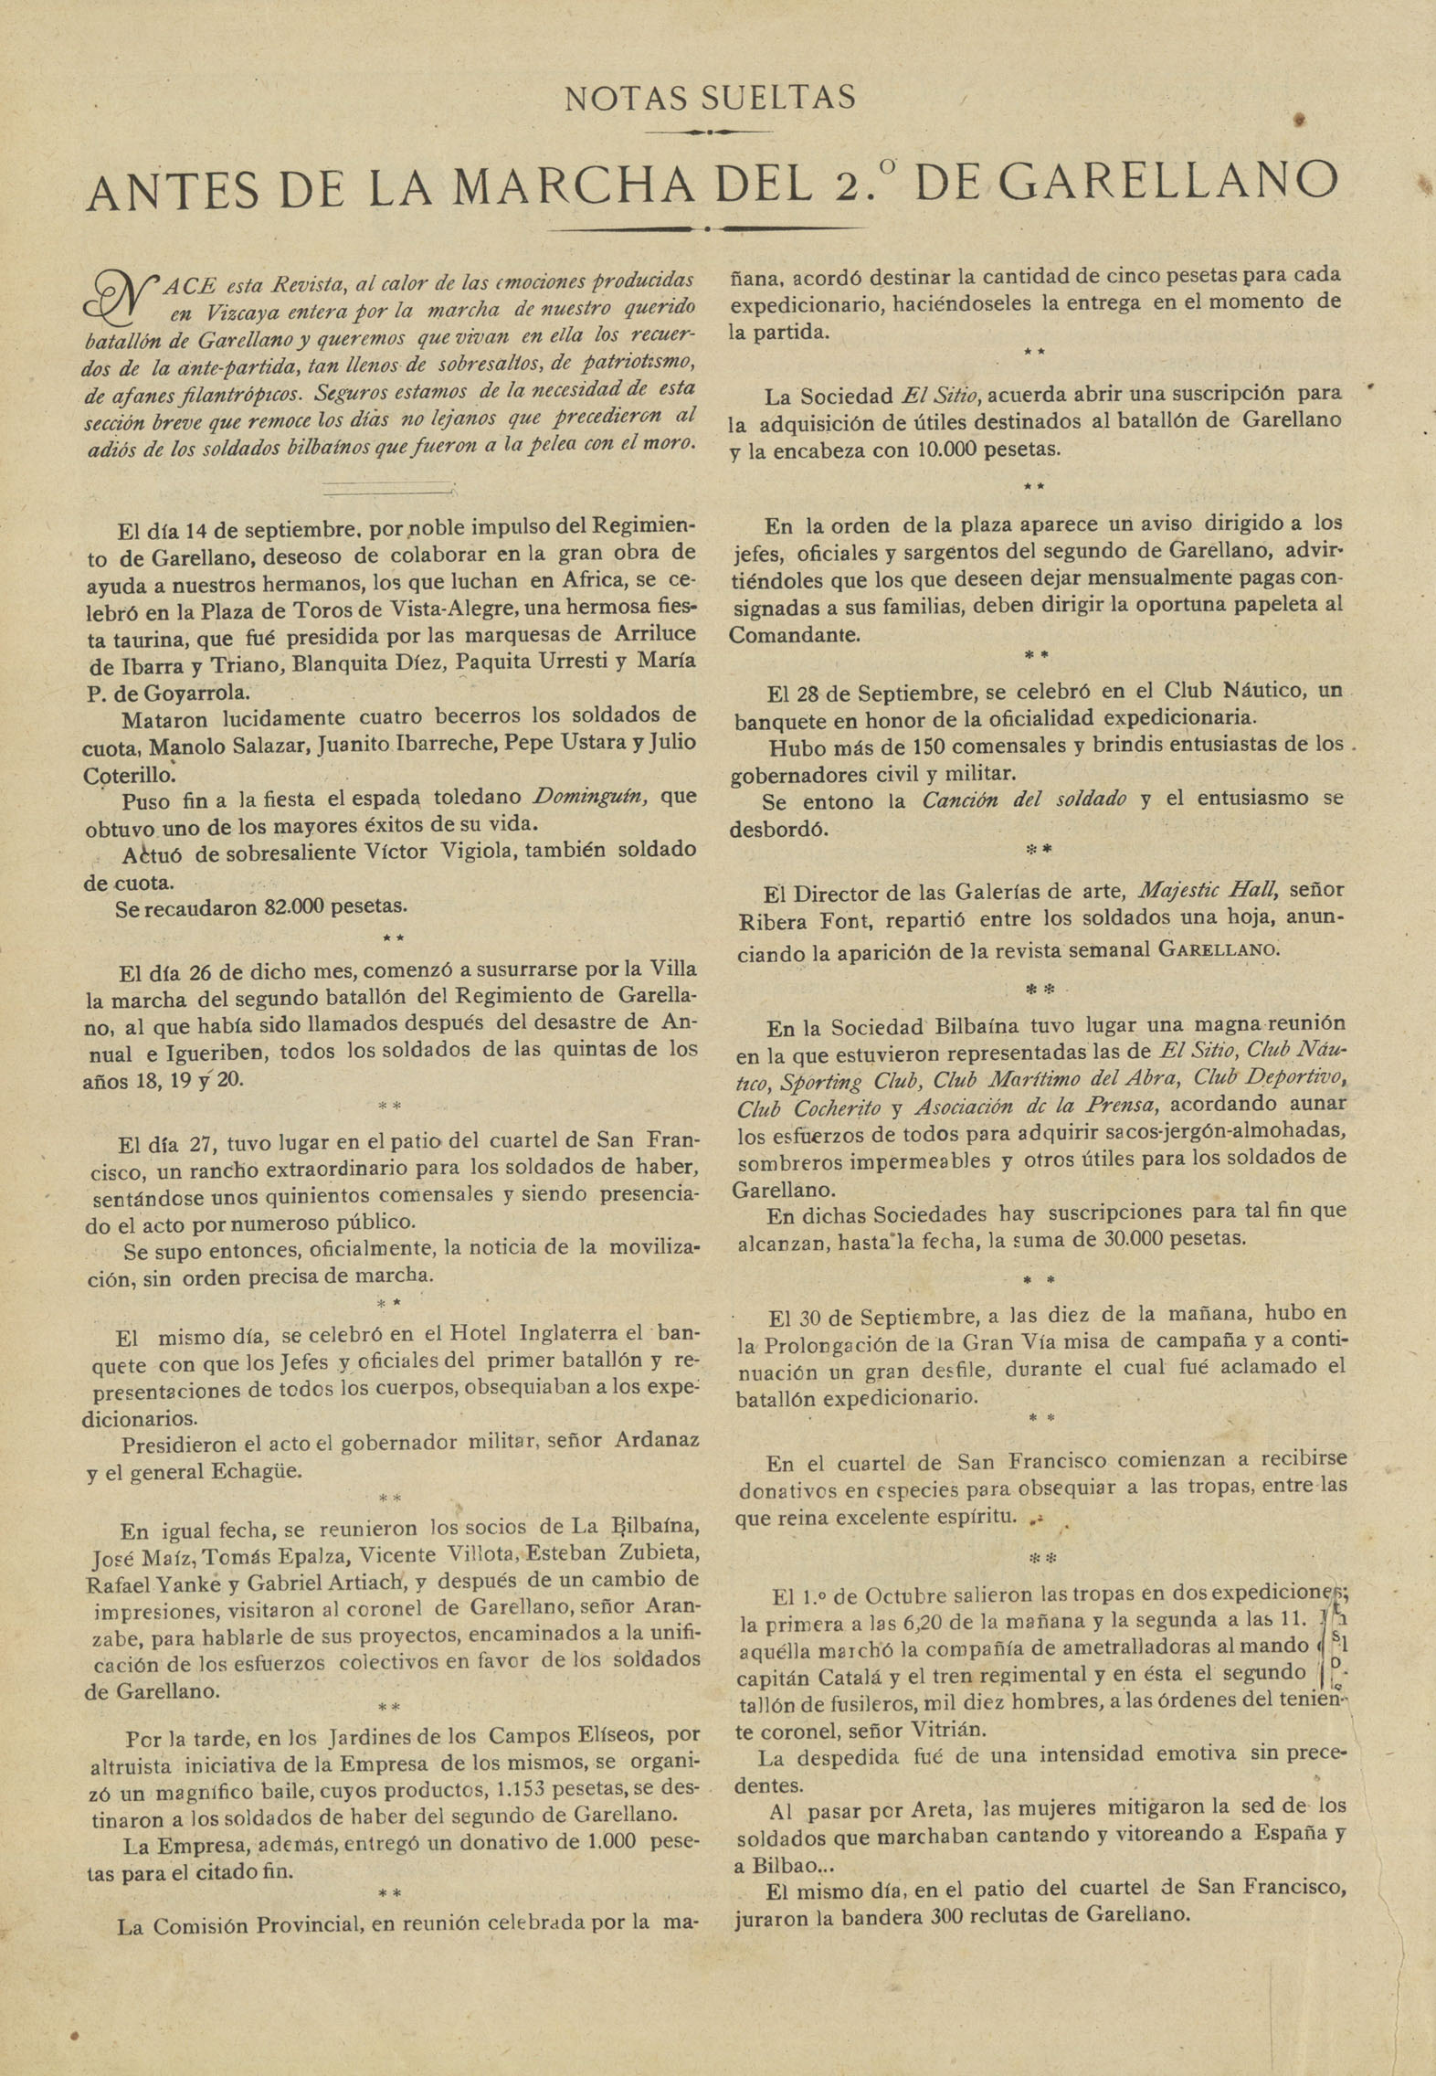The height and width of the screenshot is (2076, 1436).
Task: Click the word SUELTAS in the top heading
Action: [782, 98]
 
